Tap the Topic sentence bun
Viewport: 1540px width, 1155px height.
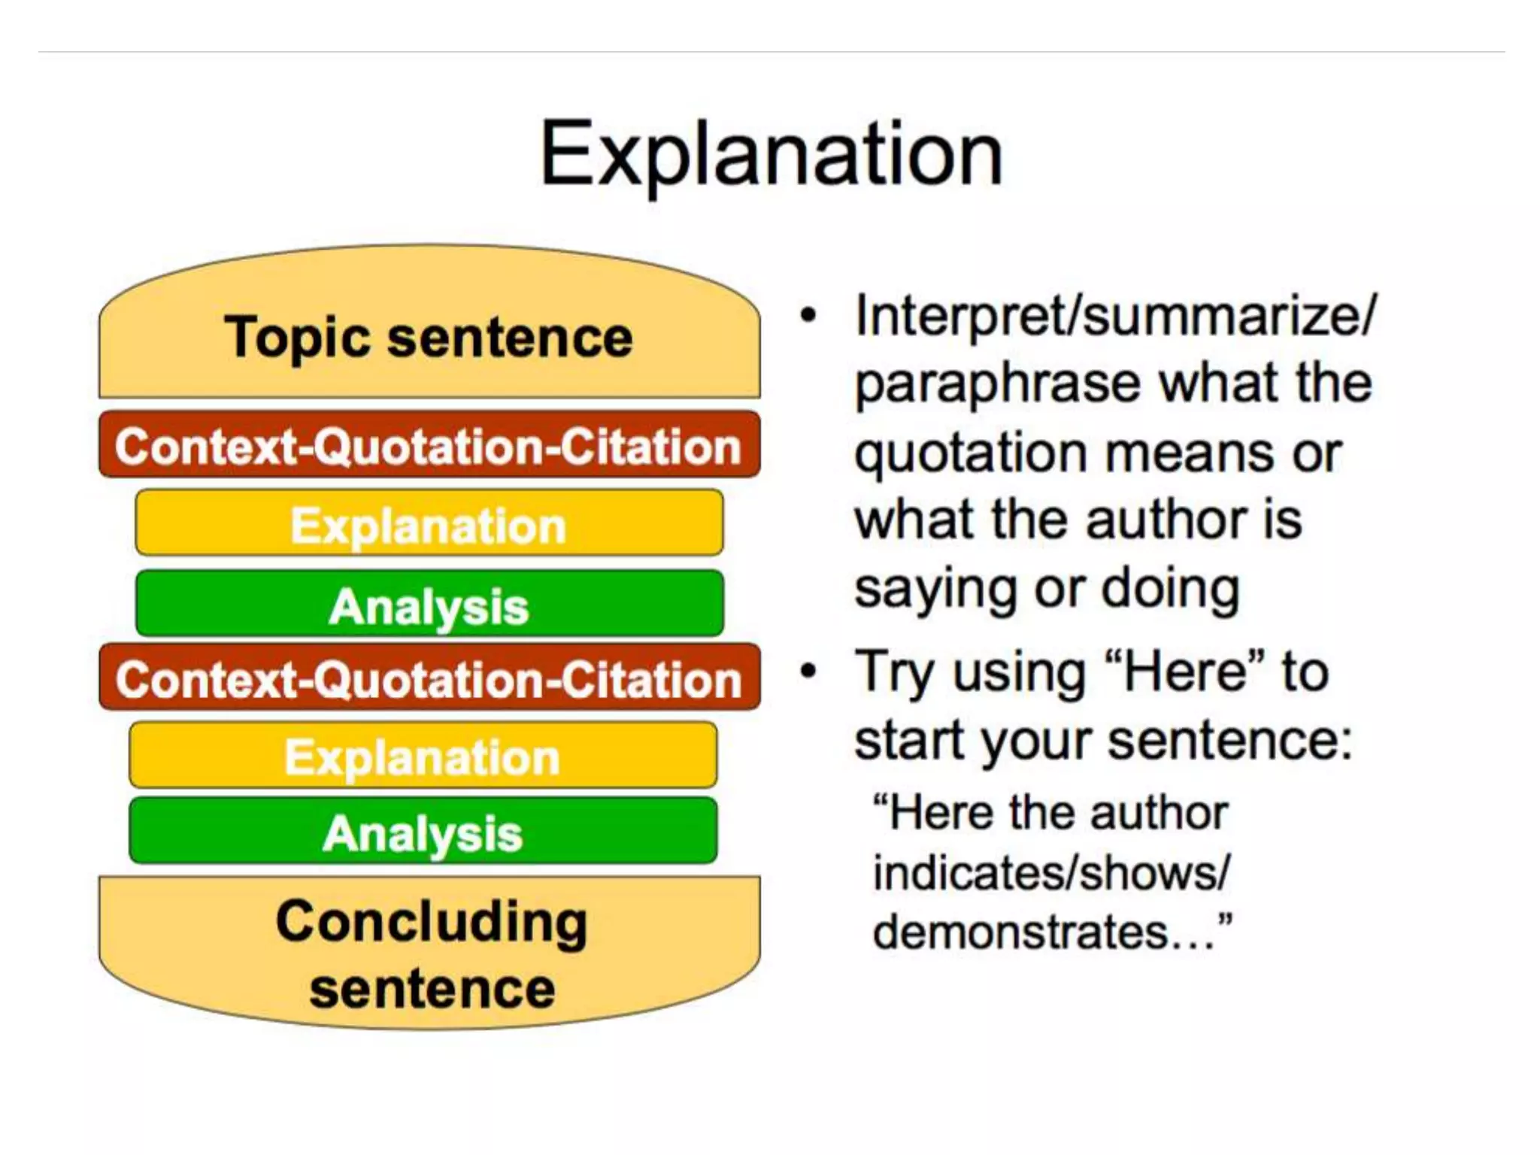(x=429, y=338)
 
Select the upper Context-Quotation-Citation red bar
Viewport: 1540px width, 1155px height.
(x=429, y=446)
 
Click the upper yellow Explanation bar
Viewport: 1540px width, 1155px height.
(x=429, y=524)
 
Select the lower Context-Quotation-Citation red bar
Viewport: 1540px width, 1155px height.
(x=429, y=678)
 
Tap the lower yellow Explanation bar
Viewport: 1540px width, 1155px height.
(x=423, y=756)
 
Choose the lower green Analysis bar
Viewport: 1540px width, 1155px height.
(x=423, y=832)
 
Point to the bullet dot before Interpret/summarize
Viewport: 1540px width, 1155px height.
(x=808, y=315)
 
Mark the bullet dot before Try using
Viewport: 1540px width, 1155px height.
(x=808, y=670)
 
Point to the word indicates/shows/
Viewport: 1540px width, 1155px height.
(x=1051, y=874)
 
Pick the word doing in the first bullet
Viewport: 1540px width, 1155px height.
(x=1171, y=590)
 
